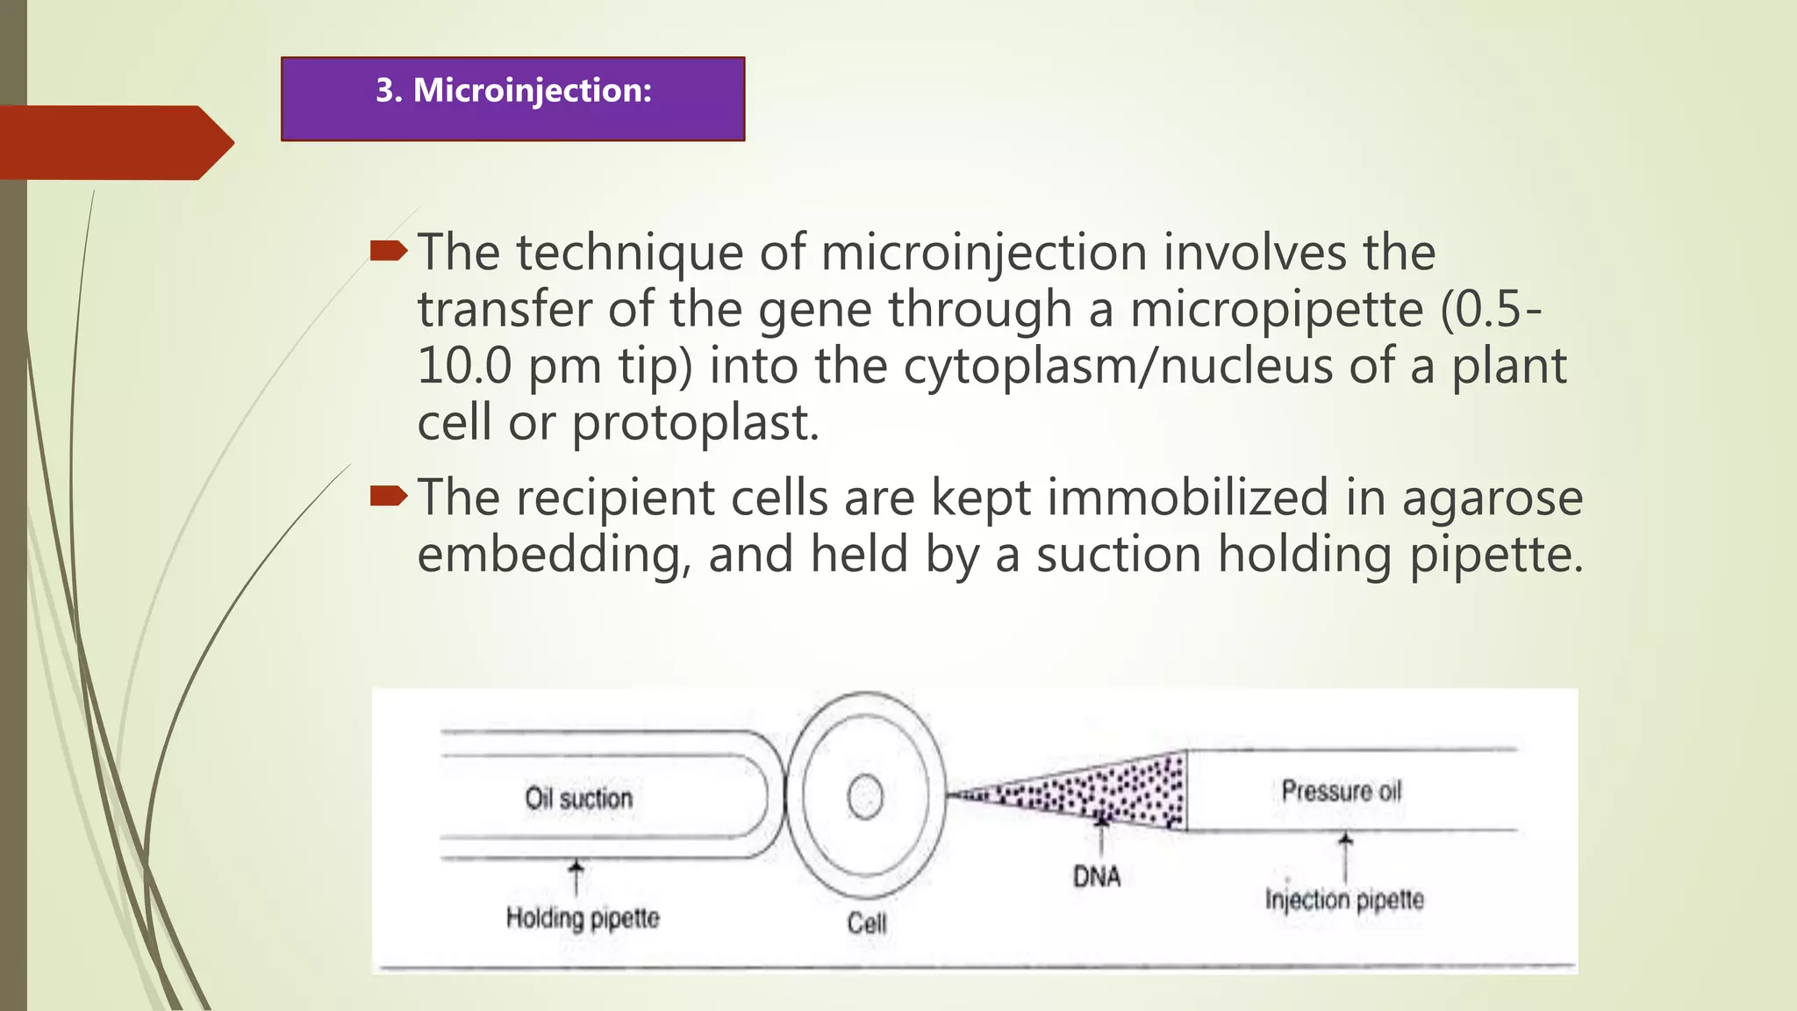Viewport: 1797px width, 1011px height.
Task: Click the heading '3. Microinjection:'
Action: [513, 91]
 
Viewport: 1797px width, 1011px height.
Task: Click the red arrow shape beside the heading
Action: [114, 142]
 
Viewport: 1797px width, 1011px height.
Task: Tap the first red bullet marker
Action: [388, 253]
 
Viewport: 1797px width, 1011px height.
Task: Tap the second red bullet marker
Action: [388, 498]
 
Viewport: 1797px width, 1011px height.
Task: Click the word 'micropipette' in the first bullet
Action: [1276, 310]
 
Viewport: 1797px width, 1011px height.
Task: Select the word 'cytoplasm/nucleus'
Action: [1118, 367]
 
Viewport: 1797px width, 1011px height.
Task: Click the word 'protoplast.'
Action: [696, 424]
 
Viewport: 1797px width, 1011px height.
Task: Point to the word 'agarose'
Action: [1492, 498]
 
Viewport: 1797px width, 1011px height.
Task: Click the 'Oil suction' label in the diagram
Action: [578, 799]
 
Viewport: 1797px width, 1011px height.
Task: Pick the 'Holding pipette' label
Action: [583, 918]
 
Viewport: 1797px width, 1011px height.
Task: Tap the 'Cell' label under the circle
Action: [866, 923]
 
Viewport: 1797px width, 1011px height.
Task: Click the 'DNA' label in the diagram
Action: [1097, 876]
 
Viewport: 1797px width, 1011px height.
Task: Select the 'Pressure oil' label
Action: [1341, 791]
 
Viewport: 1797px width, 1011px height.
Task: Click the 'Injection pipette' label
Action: [1344, 900]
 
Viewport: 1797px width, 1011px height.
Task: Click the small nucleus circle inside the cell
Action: [865, 798]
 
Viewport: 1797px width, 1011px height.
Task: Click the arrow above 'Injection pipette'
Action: [1345, 856]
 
